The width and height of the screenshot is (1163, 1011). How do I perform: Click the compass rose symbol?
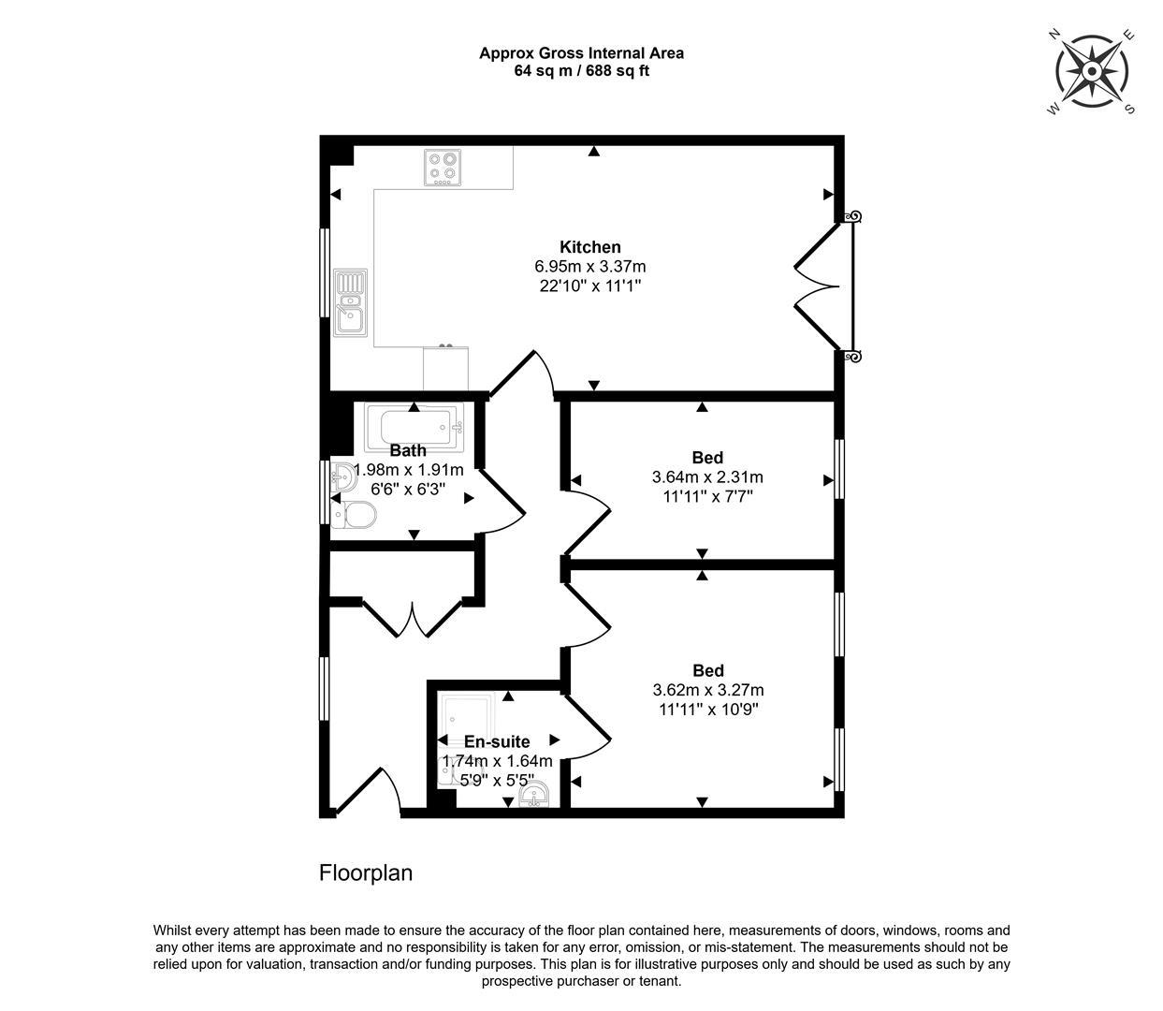[1091, 71]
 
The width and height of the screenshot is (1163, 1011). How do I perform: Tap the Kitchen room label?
[589, 247]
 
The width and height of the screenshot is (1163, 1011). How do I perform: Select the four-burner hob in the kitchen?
[443, 168]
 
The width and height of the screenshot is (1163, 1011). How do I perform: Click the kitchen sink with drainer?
[352, 302]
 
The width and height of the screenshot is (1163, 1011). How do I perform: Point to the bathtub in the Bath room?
[414, 425]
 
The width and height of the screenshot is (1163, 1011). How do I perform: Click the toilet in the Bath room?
[356, 514]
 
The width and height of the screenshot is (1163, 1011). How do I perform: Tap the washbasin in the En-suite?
[534, 795]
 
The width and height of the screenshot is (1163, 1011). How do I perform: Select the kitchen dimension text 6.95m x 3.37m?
[589, 267]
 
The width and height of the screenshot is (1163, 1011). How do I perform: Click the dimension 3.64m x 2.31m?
[706, 477]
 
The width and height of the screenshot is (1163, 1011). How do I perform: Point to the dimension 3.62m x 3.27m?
[707, 690]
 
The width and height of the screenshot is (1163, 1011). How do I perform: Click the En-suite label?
[496, 742]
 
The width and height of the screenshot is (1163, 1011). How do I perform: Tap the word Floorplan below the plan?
[366, 873]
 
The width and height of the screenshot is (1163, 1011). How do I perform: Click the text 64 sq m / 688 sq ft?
[581, 71]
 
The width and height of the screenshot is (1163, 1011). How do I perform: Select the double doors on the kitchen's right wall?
[823, 286]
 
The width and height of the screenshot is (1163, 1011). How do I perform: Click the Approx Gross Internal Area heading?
[581, 53]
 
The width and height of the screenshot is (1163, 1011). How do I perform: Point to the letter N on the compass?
[1054, 34]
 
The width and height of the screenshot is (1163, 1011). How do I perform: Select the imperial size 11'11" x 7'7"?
[706, 496]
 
